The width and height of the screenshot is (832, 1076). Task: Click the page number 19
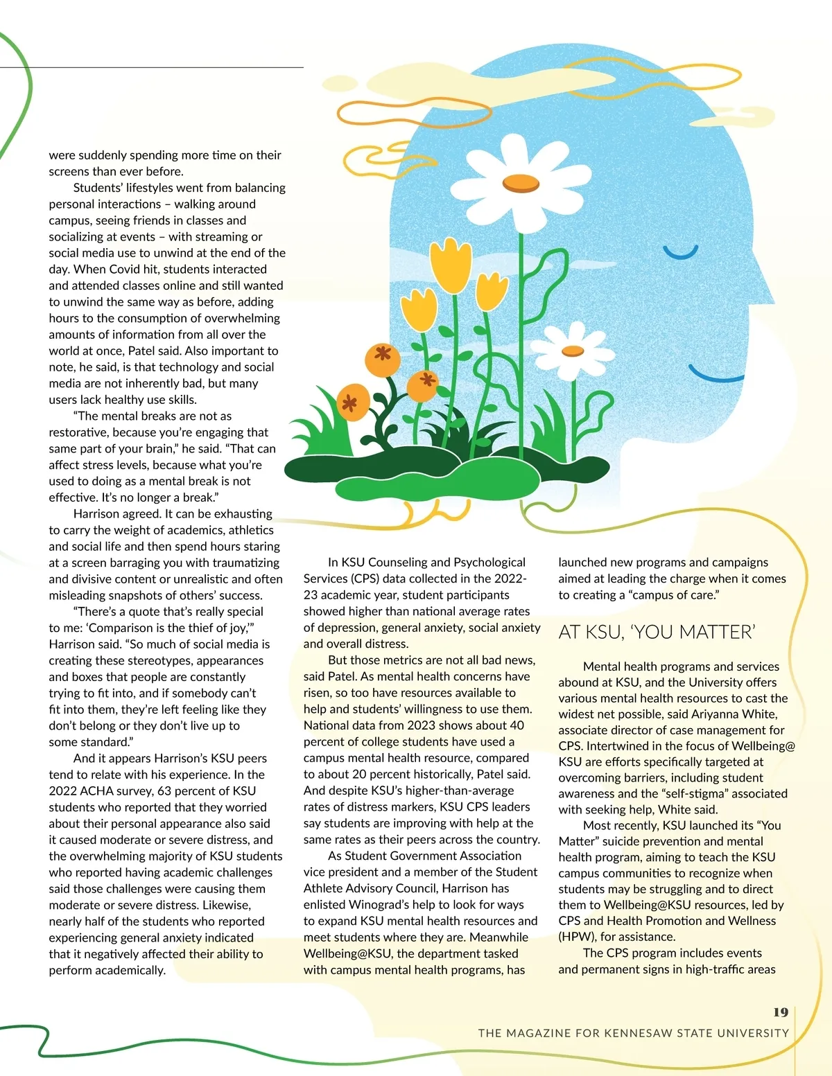(781, 1012)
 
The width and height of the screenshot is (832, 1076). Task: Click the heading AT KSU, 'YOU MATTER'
(657, 633)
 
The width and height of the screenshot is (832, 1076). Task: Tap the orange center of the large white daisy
(520, 183)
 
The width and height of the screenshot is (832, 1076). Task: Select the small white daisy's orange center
(572, 351)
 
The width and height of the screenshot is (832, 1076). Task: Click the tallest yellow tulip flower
(456, 265)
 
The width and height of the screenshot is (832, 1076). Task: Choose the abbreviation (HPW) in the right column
(578, 937)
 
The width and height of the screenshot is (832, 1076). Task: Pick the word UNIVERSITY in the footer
(753, 1033)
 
